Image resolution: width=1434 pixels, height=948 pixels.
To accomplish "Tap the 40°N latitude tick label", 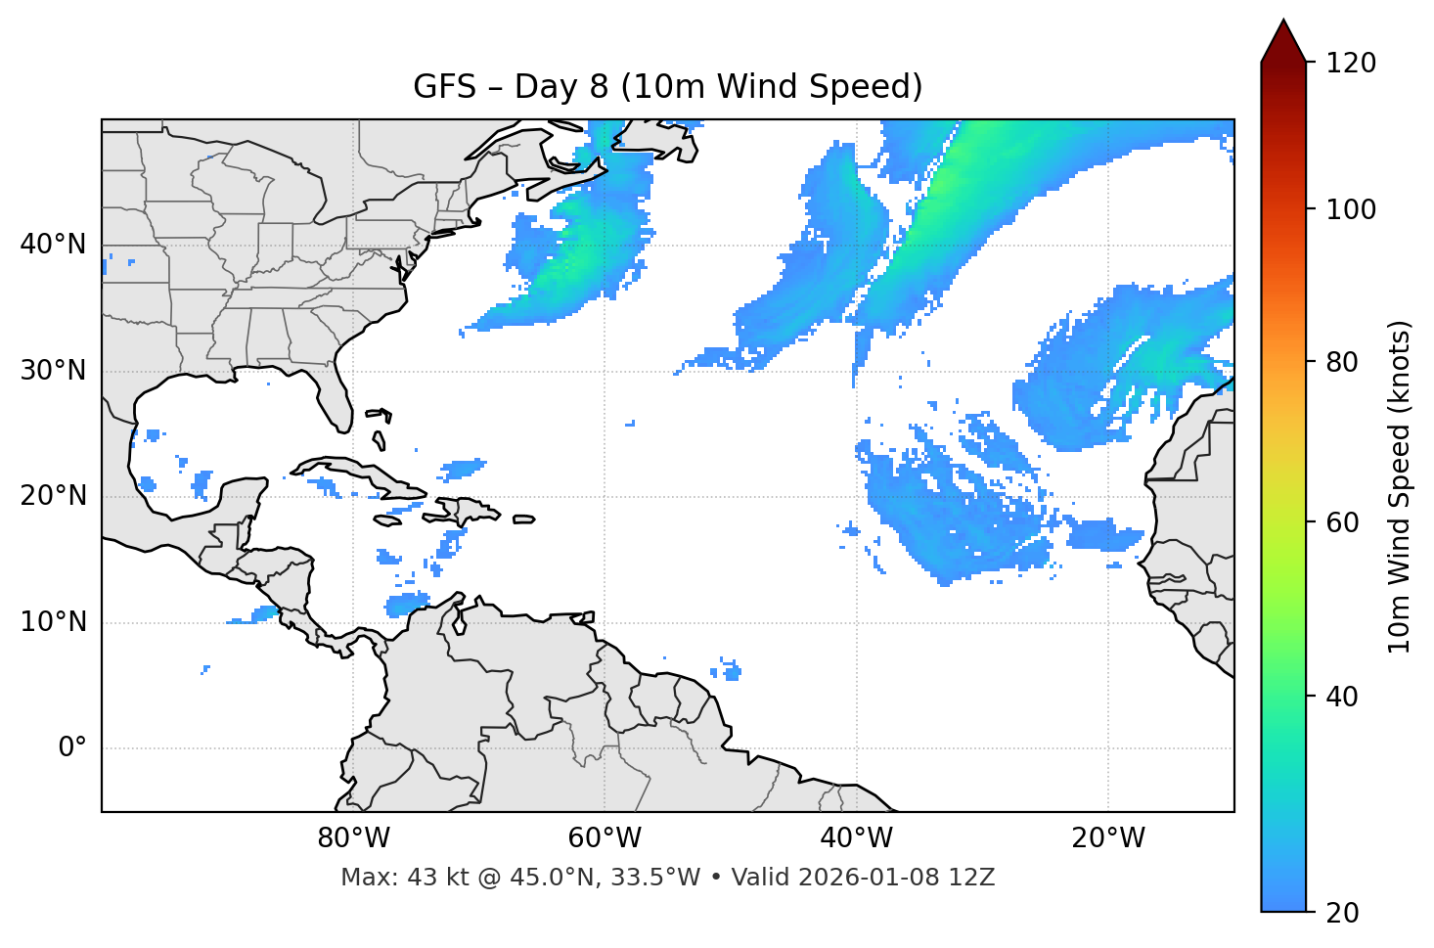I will [53, 245].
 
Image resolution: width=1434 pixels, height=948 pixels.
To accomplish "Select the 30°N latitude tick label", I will [53, 371].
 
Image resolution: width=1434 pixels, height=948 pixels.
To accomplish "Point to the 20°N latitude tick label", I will [53, 496].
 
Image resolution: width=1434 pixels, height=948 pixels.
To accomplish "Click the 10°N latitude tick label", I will [53, 622].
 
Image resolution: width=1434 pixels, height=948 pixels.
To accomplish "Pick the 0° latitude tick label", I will [72, 748].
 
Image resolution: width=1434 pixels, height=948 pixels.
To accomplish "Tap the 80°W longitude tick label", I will [353, 838].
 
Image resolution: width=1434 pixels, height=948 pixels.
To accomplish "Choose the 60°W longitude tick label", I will [605, 838].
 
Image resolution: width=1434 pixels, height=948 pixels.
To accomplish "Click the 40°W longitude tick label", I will [857, 838].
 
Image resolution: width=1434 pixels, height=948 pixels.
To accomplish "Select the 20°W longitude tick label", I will [1108, 838].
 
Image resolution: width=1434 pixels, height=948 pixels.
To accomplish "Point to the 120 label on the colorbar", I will [1351, 63].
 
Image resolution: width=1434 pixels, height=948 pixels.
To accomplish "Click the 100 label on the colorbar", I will [1351, 209].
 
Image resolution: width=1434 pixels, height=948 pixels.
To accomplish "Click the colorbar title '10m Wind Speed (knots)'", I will [1400, 486].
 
